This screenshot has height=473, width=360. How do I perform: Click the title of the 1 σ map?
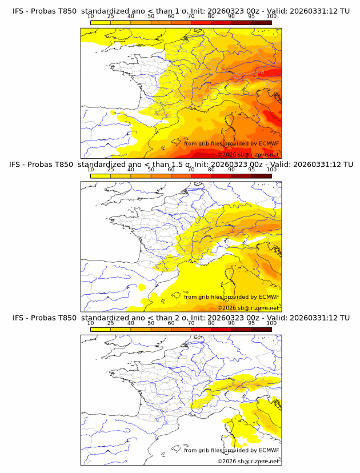click(181, 11)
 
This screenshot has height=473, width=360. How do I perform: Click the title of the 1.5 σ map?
click(181, 165)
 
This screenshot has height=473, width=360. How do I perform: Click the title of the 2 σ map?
click(181, 318)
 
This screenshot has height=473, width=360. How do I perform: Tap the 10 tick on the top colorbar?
click(91, 17)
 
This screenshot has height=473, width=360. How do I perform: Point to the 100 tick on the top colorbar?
click(271, 17)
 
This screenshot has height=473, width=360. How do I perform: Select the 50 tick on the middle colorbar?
click(151, 170)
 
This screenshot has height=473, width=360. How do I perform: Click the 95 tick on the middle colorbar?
click(251, 170)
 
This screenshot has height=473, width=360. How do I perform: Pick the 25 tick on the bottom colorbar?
click(111, 323)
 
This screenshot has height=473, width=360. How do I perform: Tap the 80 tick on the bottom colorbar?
click(211, 323)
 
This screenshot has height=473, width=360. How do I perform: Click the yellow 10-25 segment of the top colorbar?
click(101, 23)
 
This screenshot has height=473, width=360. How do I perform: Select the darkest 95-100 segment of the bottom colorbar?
click(261, 329)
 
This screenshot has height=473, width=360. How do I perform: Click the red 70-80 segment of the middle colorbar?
click(201, 176)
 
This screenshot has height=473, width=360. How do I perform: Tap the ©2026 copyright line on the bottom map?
click(248, 461)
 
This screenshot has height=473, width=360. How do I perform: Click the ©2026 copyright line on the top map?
click(248, 155)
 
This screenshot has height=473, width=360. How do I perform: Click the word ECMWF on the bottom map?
click(269, 450)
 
